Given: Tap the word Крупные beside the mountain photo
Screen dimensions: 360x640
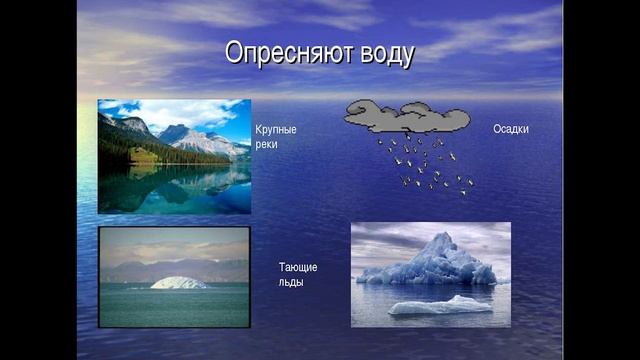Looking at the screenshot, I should tap(276, 130).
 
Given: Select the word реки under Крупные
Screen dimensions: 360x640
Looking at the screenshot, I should tap(266, 144).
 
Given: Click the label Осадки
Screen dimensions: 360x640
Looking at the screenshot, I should tap(510, 129).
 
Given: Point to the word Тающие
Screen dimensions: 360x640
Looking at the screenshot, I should tap(298, 267).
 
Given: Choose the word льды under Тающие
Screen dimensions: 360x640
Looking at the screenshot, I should tap(291, 282).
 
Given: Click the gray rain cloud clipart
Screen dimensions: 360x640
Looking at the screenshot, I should tap(406, 116).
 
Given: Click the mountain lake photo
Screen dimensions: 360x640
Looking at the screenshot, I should tap(174, 156).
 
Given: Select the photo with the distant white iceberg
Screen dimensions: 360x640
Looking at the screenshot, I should tap(174, 276).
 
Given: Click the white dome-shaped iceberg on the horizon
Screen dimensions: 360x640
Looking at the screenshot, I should tap(179, 283).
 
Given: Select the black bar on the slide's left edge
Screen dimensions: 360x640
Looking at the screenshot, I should tap(38, 180).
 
